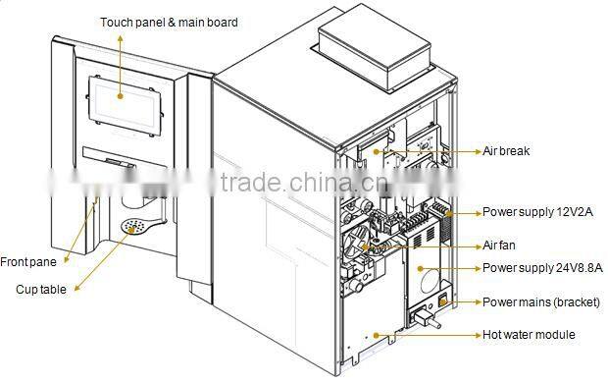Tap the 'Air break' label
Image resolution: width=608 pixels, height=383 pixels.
507,152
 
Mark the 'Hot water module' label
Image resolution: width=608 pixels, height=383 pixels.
529,335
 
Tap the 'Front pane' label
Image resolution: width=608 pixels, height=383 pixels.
28,261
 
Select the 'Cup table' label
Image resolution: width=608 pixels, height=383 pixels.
41,289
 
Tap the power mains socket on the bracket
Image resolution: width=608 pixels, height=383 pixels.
428,315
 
